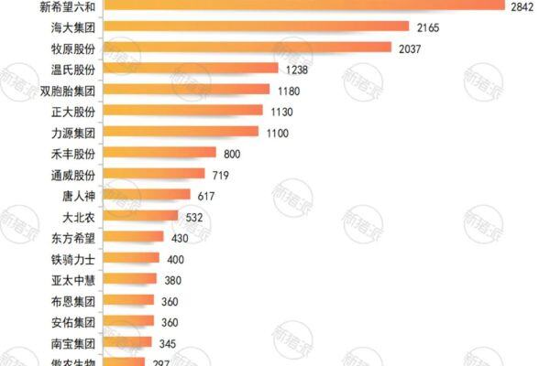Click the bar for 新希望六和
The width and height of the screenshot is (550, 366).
point(303,5)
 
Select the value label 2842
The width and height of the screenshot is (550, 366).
point(522,6)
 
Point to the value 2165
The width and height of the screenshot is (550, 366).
point(427,27)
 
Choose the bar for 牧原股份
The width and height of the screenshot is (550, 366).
point(247,48)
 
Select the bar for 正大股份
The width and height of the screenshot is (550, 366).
point(182,112)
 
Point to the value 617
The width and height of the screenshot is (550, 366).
point(205,196)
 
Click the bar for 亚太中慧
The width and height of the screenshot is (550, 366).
point(129,280)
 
